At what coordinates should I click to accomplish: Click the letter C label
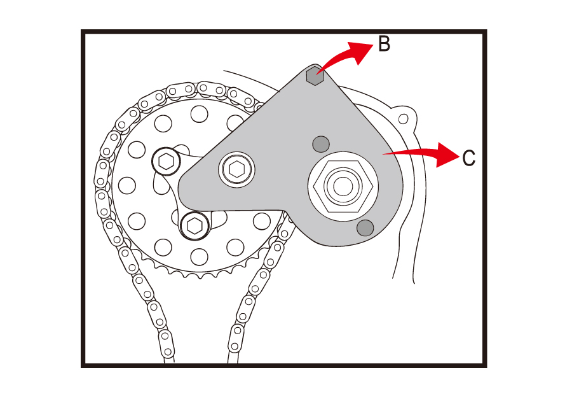click(468, 158)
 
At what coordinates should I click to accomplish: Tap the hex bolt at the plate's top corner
click(315, 76)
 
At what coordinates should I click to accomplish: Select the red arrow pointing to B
click(346, 57)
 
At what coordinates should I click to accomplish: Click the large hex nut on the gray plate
click(343, 186)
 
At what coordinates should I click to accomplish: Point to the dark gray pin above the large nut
click(321, 144)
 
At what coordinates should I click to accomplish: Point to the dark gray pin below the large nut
click(365, 227)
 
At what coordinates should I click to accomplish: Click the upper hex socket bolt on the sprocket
click(165, 162)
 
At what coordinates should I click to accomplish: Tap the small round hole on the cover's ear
click(402, 118)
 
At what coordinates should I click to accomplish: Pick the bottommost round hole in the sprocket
click(199, 257)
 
